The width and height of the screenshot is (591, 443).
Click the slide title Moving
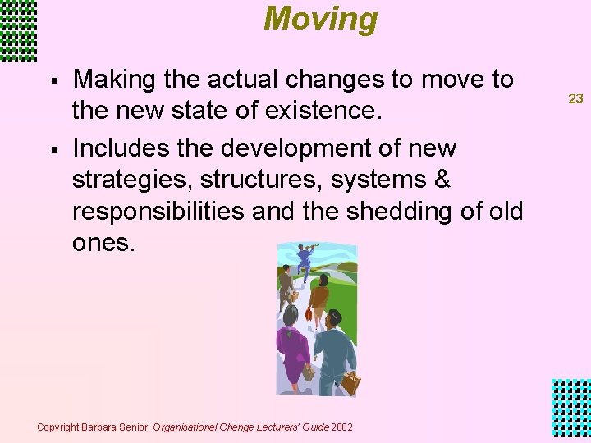pos(320,18)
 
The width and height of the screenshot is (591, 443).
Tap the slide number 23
pos(575,98)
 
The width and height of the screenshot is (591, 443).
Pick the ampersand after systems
pos(442,180)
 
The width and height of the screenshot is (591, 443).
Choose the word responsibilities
pos(158,211)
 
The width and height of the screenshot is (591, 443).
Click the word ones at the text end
pos(102,242)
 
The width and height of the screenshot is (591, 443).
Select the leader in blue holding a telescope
pos(305,260)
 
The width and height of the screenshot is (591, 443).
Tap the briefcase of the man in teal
pos(350,382)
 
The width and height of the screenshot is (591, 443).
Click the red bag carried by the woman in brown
pos(309,313)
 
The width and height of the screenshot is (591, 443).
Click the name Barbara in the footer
pos(100,427)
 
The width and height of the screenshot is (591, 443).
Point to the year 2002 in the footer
pos(342,427)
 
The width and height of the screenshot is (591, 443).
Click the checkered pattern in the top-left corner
pos(18,30)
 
